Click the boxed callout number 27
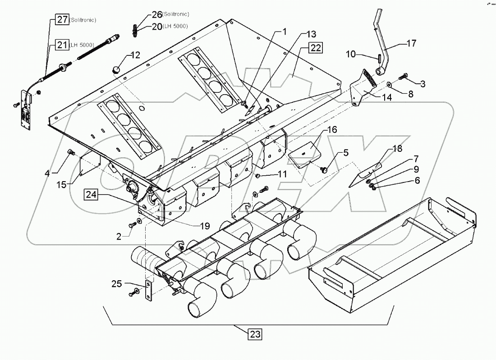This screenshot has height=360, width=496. pos(62,19)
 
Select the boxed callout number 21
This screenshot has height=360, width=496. pos(61,44)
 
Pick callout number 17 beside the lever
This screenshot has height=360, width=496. pos(411,43)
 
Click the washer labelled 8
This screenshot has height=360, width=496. pos(389,84)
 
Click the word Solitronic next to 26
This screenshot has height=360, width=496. pos(176,14)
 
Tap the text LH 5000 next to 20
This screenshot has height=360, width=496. pos(176,27)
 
